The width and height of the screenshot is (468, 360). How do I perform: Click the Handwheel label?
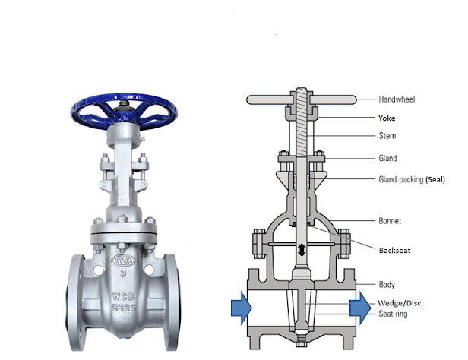point(397,99)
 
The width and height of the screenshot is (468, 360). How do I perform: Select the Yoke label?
point(387,118)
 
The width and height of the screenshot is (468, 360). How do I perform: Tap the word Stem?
point(387,136)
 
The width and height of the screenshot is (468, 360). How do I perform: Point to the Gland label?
point(387,158)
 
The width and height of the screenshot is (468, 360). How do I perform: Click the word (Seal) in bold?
point(435,179)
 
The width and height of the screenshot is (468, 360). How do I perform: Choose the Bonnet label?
point(390,221)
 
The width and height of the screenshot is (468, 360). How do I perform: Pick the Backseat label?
point(394,250)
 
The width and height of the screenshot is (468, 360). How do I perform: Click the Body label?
point(387,285)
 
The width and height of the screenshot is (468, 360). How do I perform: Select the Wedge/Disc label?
point(400,303)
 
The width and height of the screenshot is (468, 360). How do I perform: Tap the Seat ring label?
point(393,314)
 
